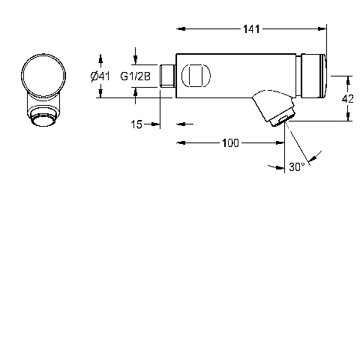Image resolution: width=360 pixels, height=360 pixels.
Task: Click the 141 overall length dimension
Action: (x=251, y=29)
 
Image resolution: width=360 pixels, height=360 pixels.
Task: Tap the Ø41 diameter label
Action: (x=100, y=76)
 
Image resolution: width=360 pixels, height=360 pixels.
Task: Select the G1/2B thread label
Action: (x=136, y=76)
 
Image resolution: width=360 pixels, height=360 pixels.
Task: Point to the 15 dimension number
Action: (x=136, y=124)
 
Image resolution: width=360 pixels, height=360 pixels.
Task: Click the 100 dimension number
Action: (x=230, y=143)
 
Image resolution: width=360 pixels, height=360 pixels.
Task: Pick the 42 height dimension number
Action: (x=347, y=99)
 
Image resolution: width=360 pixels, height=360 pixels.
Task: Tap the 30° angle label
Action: (x=297, y=167)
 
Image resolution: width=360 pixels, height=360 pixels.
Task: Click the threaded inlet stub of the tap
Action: (x=167, y=76)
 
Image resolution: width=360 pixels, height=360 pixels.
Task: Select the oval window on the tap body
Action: (x=196, y=76)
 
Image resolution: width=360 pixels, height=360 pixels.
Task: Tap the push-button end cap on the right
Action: (x=313, y=76)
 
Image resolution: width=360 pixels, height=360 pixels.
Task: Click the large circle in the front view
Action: (x=43, y=76)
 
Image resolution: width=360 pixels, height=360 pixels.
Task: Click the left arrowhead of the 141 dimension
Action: (x=181, y=29)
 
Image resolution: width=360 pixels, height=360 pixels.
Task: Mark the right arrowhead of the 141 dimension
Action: (x=322, y=29)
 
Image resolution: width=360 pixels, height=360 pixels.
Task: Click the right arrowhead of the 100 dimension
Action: (x=280, y=143)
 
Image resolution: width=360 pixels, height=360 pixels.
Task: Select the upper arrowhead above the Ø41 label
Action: (x=100, y=59)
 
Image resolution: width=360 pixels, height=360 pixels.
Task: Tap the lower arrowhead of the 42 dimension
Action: (x=348, y=116)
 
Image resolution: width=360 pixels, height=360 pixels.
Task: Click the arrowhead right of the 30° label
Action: (x=312, y=158)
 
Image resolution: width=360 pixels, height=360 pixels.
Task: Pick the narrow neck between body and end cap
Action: (x=298, y=76)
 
